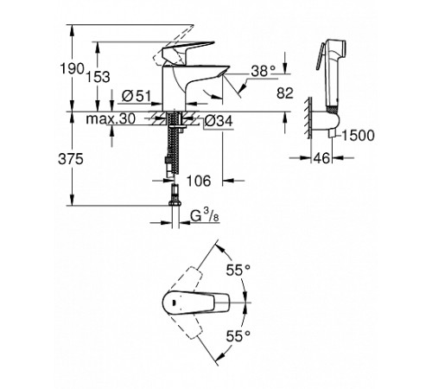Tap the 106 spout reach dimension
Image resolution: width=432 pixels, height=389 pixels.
tap(198, 181)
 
